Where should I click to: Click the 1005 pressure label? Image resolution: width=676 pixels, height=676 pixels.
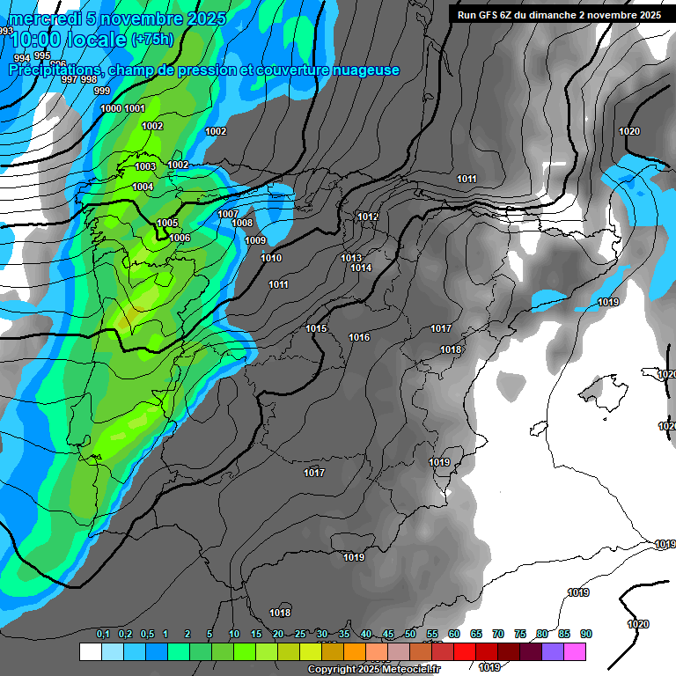[167, 224]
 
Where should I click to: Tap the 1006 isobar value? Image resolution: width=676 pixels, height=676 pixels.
[180, 238]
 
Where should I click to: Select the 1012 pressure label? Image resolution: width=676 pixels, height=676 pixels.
[368, 217]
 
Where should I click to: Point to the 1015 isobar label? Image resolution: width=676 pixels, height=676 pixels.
[317, 328]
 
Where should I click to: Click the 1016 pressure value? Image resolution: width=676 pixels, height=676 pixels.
[359, 338]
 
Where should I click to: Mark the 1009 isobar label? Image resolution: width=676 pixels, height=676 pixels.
[255, 240]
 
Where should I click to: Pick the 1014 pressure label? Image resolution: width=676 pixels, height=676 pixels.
[361, 268]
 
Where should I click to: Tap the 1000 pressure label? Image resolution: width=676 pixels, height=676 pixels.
[111, 108]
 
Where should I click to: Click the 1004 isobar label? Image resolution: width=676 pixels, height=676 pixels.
[143, 187]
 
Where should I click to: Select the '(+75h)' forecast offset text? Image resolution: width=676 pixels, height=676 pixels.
[151, 40]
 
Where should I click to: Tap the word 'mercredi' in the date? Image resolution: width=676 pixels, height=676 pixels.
[43, 18]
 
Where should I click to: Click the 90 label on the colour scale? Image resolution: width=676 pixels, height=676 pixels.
[585, 634]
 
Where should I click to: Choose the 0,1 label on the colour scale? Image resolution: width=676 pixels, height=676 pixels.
[102, 634]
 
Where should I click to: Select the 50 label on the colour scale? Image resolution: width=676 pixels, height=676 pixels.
[410, 634]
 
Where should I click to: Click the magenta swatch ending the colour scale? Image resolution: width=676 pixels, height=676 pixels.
[575, 651]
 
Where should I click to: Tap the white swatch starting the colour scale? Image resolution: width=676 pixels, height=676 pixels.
[90, 651]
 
